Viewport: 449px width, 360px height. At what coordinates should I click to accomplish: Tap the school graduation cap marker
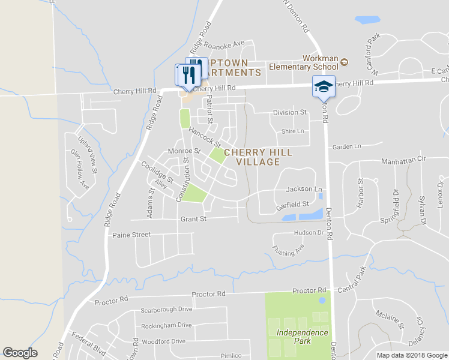pyautogui.click(x=324, y=86)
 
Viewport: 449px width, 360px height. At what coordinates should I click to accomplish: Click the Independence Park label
pyautogui.click(x=302, y=337)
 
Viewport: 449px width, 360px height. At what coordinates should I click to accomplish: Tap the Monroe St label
pyautogui.click(x=184, y=151)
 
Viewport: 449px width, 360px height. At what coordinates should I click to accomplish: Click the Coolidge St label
pyautogui.click(x=157, y=172)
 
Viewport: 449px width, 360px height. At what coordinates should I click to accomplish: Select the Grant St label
pyautogui.click(x=193, y=219)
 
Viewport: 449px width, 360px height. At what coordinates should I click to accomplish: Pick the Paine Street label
pyautogui.click(x=131, y=235)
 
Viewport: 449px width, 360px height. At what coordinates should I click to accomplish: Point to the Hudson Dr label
pyautogui.click(x=309, y=232)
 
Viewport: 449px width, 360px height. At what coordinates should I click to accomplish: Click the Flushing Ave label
pyautogui.click(x=288, y=249)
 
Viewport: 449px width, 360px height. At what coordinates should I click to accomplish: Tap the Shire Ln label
pyautogui.click(x=293, y=131)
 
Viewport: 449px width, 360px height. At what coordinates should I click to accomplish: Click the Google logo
pyautogui.click(x=20, y=353)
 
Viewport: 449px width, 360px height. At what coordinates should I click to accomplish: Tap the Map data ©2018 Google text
pyautogui.click(x=411, y=355)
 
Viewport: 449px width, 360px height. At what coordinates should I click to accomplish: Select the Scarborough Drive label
pyautogui.click(x=166, y=310)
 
